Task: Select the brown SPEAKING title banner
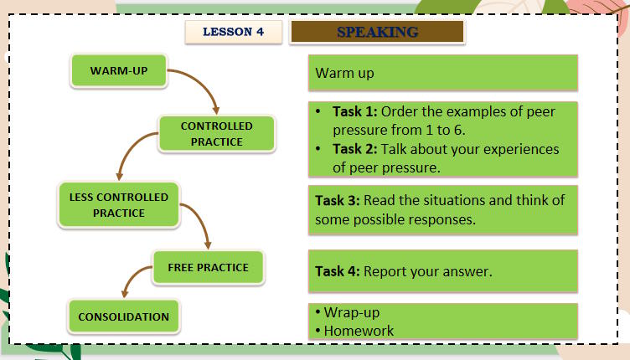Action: tap(377, 33)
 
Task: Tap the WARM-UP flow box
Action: tap(119, 71)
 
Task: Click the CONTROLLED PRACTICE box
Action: tap(216, 134)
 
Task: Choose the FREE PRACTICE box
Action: tap(208, 268)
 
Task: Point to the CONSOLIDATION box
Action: tap(123, 317)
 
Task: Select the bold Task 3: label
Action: tap(338, 201)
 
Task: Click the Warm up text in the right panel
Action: tap(344, 73)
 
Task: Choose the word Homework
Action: tap(359, 330)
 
